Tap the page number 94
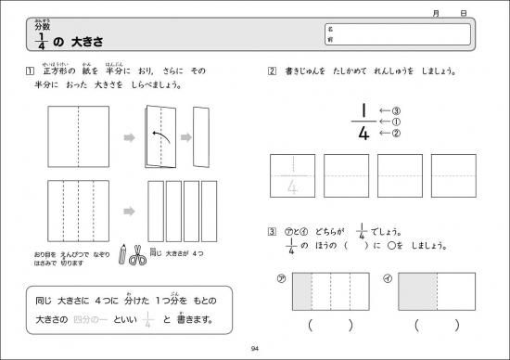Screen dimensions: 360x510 [x=255, y=348]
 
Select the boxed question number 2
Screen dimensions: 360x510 [x=271, y=71]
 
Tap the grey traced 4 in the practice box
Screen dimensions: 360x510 [x=294, y=186]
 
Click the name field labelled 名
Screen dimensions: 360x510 [x=408, y=29]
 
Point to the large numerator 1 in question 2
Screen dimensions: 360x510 [x=364, y=109]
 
